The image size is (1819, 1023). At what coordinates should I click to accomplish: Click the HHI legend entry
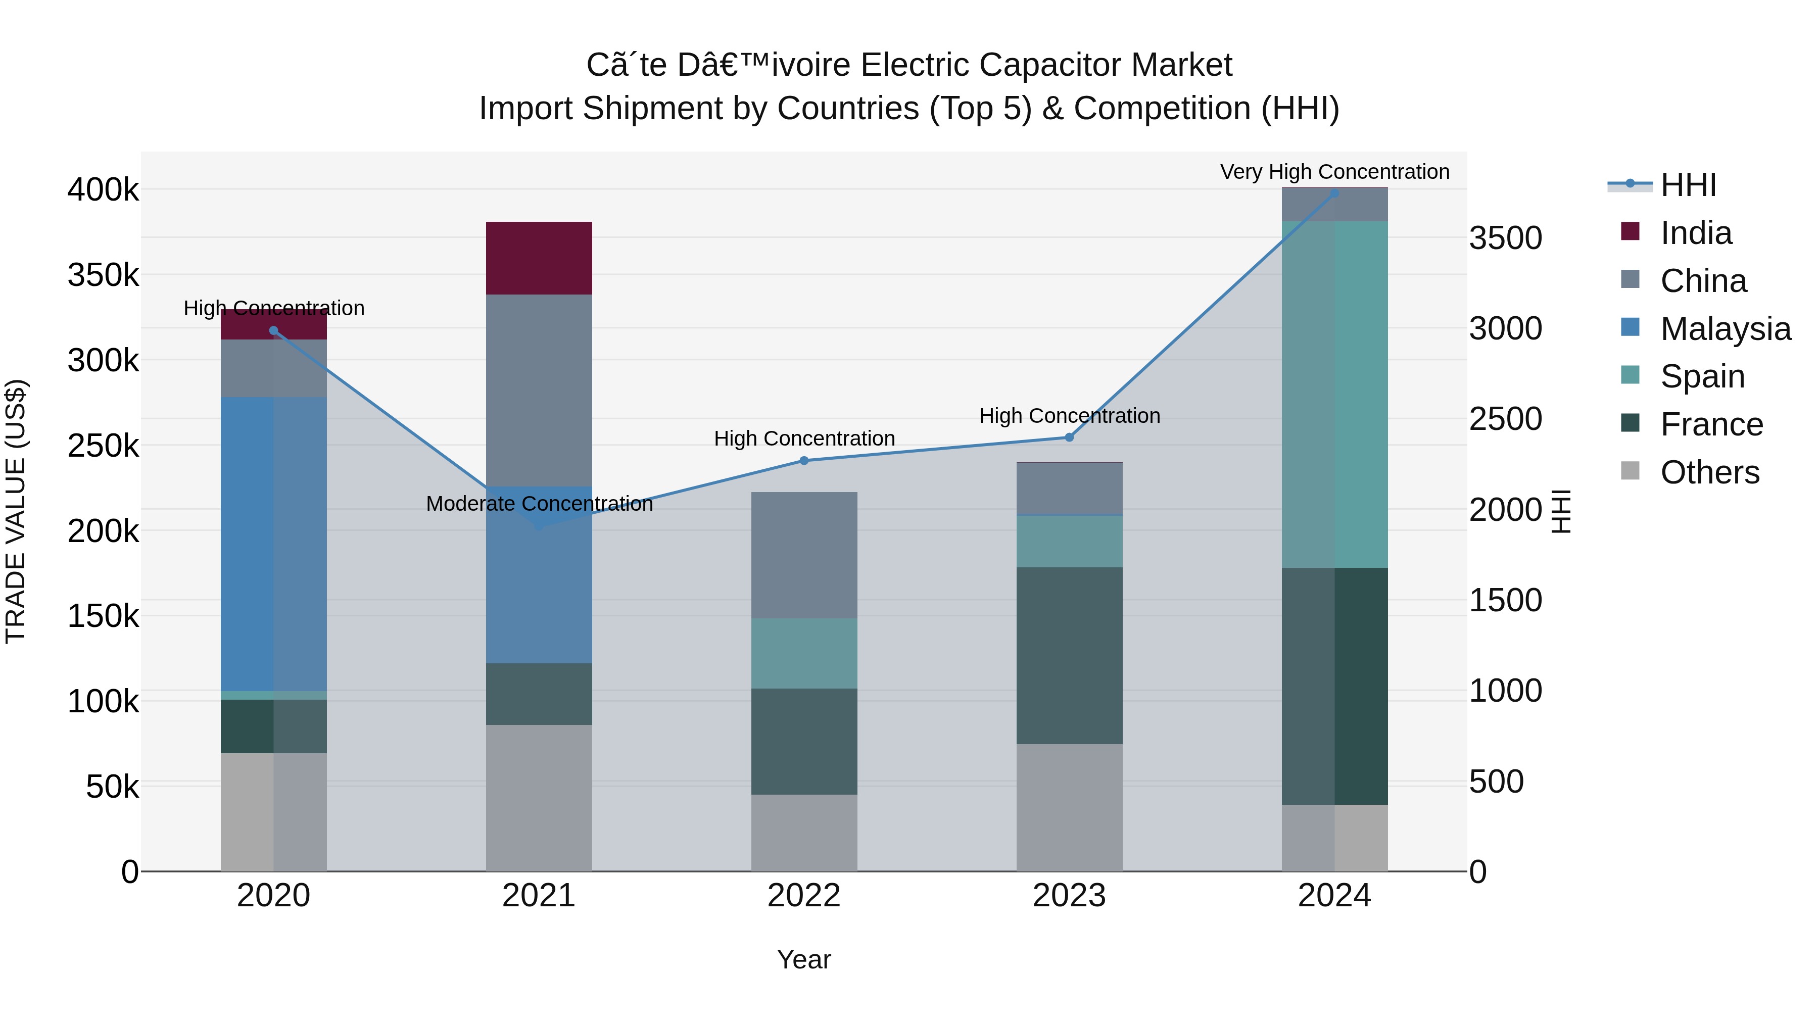1687,185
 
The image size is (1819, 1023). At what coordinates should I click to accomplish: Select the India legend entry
1695,233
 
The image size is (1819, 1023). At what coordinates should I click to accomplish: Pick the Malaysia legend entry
1725,329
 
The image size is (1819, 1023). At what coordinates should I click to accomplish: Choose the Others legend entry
1709,472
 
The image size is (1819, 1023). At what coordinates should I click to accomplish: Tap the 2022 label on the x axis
803,896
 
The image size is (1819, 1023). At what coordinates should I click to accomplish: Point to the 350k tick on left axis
103,275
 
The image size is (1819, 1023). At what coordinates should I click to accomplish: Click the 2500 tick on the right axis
1506,419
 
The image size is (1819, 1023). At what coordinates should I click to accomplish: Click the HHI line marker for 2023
1069,437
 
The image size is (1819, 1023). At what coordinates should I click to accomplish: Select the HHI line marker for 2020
274,330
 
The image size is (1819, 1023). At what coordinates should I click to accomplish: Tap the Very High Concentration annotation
1334,172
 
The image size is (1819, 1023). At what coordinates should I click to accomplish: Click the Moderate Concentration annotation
540,503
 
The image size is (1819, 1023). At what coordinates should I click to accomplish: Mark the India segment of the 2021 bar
539,258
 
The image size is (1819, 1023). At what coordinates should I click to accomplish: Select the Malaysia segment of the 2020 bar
274,544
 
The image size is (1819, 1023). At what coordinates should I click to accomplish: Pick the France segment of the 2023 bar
1069,655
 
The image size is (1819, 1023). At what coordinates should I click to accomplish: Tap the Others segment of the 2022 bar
803,833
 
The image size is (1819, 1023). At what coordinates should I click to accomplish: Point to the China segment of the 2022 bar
803,555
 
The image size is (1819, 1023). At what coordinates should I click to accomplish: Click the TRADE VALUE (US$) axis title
16,511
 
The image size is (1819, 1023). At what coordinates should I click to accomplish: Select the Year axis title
803,959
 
